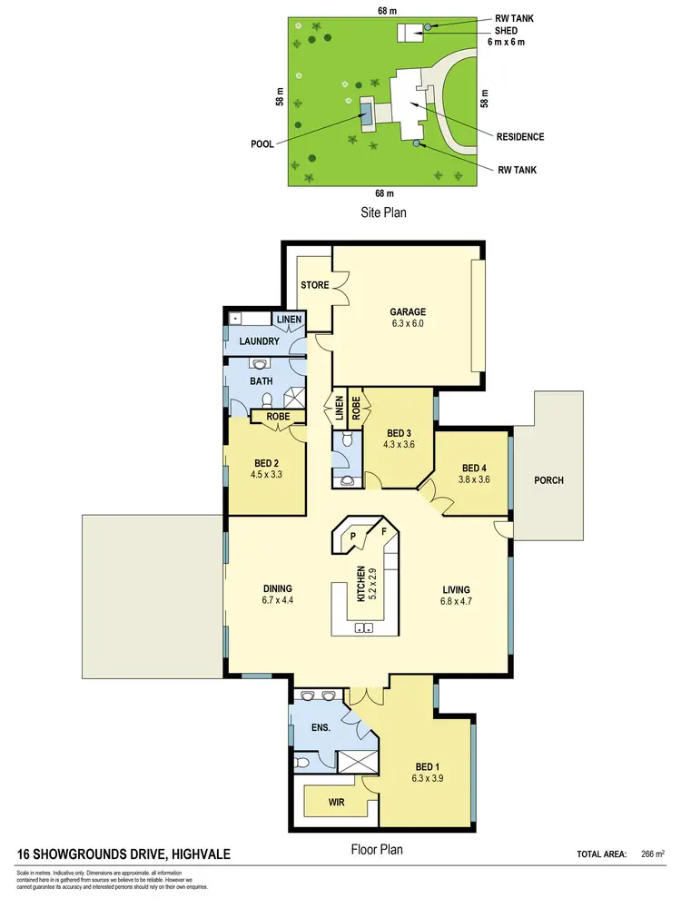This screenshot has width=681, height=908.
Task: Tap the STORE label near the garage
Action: pos(315,286)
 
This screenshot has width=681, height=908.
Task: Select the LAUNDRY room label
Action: pos(259,341)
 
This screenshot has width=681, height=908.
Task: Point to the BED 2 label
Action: pos(266,460)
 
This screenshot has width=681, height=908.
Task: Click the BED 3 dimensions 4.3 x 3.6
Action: pos(400,444)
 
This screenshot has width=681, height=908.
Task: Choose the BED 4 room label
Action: pos(474,468)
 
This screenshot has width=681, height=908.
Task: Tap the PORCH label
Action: pos(548,480)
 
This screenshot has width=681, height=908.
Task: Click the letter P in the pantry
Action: pos(353,537)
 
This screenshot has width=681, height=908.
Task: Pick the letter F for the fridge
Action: pos(383,531)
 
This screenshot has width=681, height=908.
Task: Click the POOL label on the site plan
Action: pos(263,144)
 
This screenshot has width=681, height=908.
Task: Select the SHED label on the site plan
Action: pos(507,30)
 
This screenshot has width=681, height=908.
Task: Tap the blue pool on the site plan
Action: pos(367,113)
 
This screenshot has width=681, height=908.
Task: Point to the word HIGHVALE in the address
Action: pos(197,854)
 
